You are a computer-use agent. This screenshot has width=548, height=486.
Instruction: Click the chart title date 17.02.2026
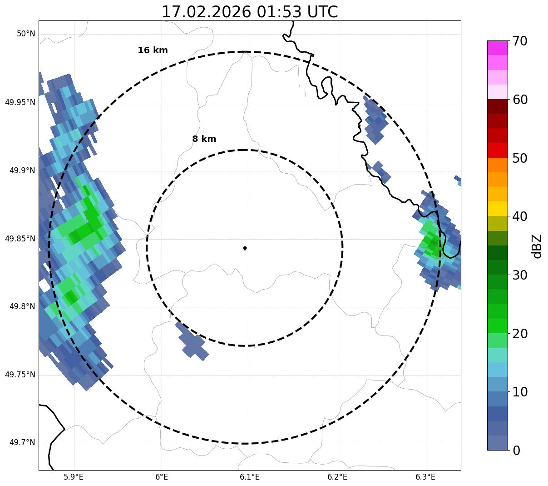tap(206, 12)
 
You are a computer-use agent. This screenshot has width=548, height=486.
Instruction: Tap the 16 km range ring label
tap(153, 50)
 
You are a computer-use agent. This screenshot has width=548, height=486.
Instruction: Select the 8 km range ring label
tap(204, 139)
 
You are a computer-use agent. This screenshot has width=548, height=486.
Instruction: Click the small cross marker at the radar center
tap(245, 248)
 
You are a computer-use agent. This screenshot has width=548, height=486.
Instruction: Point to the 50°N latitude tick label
tap(26, 34)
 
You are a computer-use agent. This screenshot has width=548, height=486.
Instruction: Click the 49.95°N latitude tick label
tap(20, 102)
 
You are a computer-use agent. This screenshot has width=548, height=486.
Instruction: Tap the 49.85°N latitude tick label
tap(20, 238)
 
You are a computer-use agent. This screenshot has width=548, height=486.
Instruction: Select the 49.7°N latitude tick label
tap(22, 442)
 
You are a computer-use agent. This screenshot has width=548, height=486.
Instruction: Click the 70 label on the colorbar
tap(520, 41)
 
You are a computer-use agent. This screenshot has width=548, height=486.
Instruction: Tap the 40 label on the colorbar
tap(520, 216)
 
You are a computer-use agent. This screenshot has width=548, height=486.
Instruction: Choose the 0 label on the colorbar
tap(516, 451)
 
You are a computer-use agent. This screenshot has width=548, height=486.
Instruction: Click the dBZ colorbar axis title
tap(537, 246)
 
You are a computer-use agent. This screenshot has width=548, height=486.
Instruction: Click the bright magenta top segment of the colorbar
tap(497, 48)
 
